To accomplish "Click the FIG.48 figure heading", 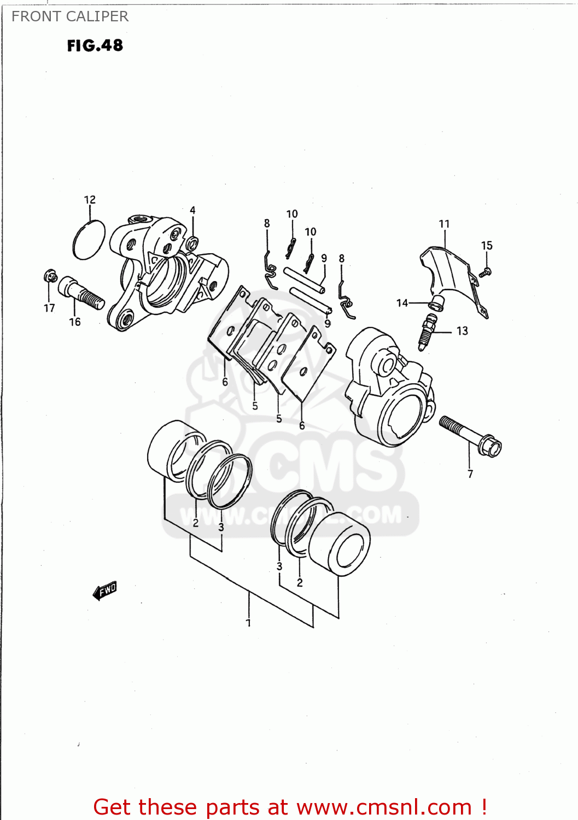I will tap(95, 46).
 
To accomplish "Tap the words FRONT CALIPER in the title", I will tap(70, 16).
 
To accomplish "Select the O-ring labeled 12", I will tap(88, 240).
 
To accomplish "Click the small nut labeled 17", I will tap(50, 277).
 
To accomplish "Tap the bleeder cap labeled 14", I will tap(436, 303).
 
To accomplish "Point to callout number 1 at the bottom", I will tap(248, 623).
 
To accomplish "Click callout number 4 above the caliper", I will tap(192, 210).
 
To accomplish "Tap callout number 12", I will tap(90, 200).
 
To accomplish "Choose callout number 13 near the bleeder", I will tap(462, 331).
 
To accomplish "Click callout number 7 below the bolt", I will tap(470, 474).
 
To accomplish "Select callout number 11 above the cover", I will tap(444, 224).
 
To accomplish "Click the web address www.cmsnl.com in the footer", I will tap(384, 807).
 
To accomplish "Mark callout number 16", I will tap(75, 322).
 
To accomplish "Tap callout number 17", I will tap(49, 308).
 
